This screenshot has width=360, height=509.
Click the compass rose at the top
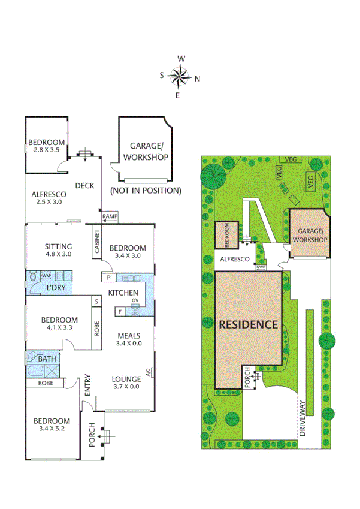click(179, 76)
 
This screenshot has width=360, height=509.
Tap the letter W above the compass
click(180, 59)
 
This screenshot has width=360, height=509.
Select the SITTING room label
click(59, 246)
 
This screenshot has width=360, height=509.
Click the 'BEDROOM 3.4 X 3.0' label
click(128, 252)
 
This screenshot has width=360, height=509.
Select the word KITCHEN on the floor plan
click(123, 293)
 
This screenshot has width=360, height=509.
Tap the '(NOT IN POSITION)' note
click(146, 191)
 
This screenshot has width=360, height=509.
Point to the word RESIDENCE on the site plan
click(248, 324)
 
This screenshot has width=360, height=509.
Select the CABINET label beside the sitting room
click(96, 243)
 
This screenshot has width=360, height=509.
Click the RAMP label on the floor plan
click(110, 216)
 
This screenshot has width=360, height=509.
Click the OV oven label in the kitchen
click(135, 300)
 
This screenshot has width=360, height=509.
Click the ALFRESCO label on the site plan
click(235, 259)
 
